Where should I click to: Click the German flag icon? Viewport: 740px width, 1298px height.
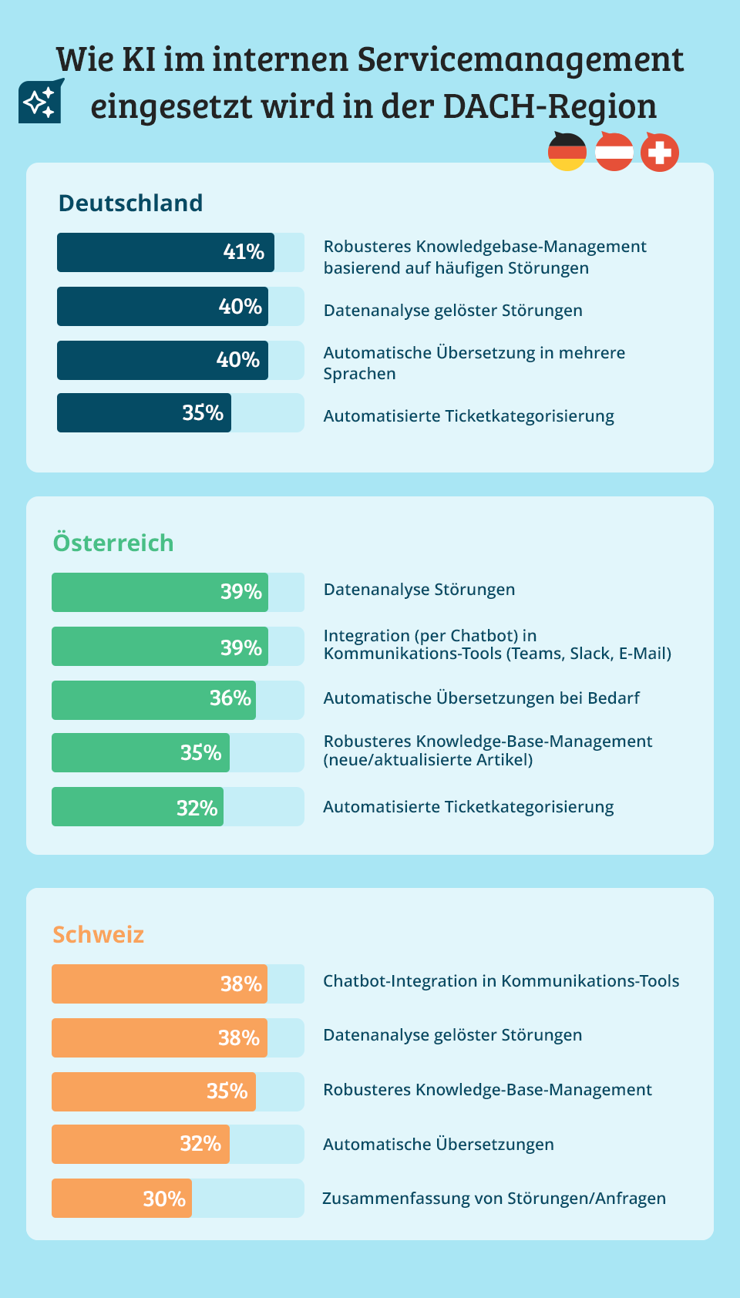[567, 152]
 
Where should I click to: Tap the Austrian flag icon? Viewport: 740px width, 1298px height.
[614, 152]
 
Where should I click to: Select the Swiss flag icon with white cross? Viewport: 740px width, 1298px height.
[660, 153]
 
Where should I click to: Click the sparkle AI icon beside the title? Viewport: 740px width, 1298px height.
[40, 101]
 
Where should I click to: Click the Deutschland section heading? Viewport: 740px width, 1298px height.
[131, 203]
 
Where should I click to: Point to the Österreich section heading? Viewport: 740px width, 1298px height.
[113, 543]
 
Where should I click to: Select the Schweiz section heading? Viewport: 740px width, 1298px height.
[99, 934]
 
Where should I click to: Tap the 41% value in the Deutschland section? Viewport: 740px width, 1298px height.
[244, 252]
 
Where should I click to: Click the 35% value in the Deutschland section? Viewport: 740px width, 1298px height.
[203, 413]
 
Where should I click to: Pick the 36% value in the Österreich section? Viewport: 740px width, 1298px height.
[230, 698]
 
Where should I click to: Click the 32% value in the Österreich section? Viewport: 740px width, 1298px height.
[197, 808]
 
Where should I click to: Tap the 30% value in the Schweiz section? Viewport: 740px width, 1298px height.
[164, 1199]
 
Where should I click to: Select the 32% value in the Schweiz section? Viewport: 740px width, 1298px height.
[200, 1144]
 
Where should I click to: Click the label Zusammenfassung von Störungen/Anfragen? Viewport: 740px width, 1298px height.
[494, 1199]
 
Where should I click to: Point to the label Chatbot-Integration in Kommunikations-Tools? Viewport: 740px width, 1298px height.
[501, 981]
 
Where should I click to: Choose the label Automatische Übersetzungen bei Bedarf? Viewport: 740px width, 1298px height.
[482, 698]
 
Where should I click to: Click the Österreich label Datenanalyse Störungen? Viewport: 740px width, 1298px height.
[419, 590]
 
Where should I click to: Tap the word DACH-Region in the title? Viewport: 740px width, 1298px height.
[550, 106]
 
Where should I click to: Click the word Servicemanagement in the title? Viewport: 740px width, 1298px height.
[521, 59]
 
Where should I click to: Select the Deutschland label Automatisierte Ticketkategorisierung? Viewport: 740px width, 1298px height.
[469, 416]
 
